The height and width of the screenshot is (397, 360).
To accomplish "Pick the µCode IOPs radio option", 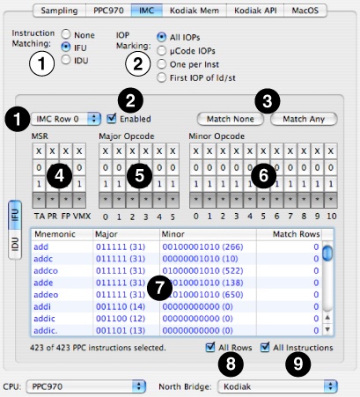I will pyautogui.click(x=161, y=51).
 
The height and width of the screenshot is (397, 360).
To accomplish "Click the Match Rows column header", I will pyautogui.click(x=293, y=235).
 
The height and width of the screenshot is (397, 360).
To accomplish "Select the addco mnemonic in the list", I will pyautogui.click(x=47, y=271).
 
